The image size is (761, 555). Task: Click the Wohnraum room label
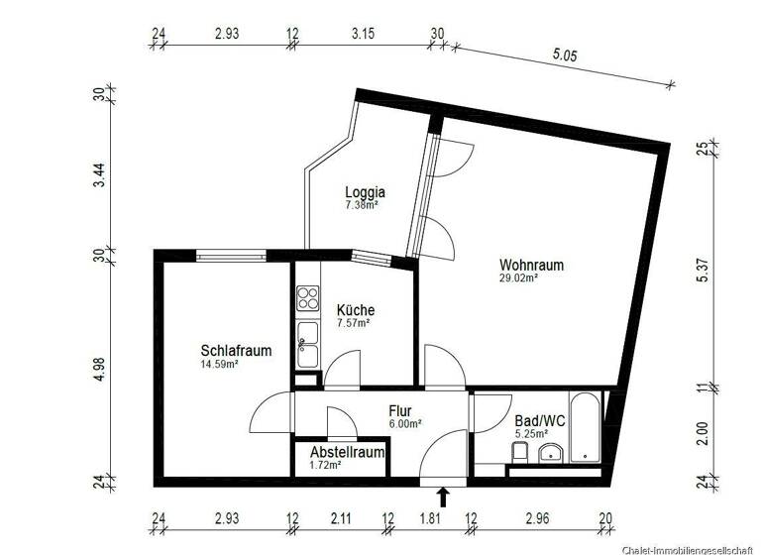click(531, 266)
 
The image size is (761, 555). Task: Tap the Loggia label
click(365, 192)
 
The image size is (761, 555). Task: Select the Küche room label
click(355, 309)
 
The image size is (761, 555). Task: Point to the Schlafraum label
click(236, 351)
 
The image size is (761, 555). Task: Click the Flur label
click(400, 411)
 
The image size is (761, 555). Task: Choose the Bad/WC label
click(540, 421)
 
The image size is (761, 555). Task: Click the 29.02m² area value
click(518, 279)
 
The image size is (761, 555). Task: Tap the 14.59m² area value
click(219, 365)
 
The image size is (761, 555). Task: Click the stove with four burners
click(307, 296)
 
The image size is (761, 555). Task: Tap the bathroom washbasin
click(551, 454)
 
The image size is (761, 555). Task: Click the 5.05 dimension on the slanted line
click(564, 57)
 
